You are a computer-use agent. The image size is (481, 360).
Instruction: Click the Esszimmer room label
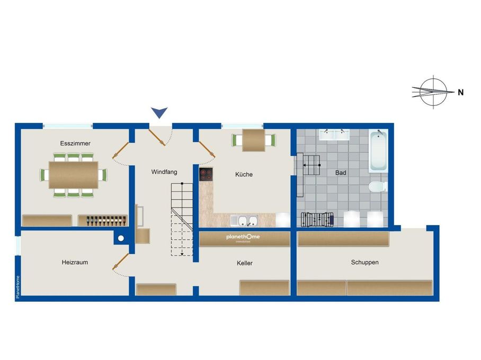tap(75, 143)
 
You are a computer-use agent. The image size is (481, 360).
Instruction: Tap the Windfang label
tap(164, 172)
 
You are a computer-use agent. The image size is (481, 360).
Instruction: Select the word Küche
tap(244, 174)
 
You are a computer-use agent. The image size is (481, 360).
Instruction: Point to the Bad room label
tap(341, 173)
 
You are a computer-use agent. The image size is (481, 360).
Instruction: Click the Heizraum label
tap(75, 262)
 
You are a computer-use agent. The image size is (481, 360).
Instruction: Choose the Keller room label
tap(245, 263)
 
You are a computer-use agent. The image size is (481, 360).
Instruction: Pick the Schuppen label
tap(364, 262)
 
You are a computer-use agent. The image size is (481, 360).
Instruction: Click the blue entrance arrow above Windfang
tap(159, 112)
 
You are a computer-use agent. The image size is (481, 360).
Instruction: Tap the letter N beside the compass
tap(460, 93)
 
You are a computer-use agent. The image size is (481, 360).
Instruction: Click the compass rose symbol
tap(432, 92)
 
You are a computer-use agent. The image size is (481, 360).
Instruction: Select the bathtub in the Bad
tap(378, 151)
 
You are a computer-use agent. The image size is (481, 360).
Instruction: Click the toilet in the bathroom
tap(377, 187)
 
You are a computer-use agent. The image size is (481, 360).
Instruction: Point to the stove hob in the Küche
tap(206, 175)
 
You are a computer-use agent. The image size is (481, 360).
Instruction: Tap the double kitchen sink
tap(244, 220)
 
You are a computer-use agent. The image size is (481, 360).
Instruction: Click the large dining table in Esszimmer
tap(74, 175)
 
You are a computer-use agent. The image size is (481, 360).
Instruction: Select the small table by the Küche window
tap(254, 140)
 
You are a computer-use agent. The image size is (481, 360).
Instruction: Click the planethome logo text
tap(243, 237)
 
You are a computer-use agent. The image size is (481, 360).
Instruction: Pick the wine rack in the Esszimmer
tap(103, 221)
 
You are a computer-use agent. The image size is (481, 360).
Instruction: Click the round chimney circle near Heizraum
tap(121, 238)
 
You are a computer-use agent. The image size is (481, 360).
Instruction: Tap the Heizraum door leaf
tap(121, 261)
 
